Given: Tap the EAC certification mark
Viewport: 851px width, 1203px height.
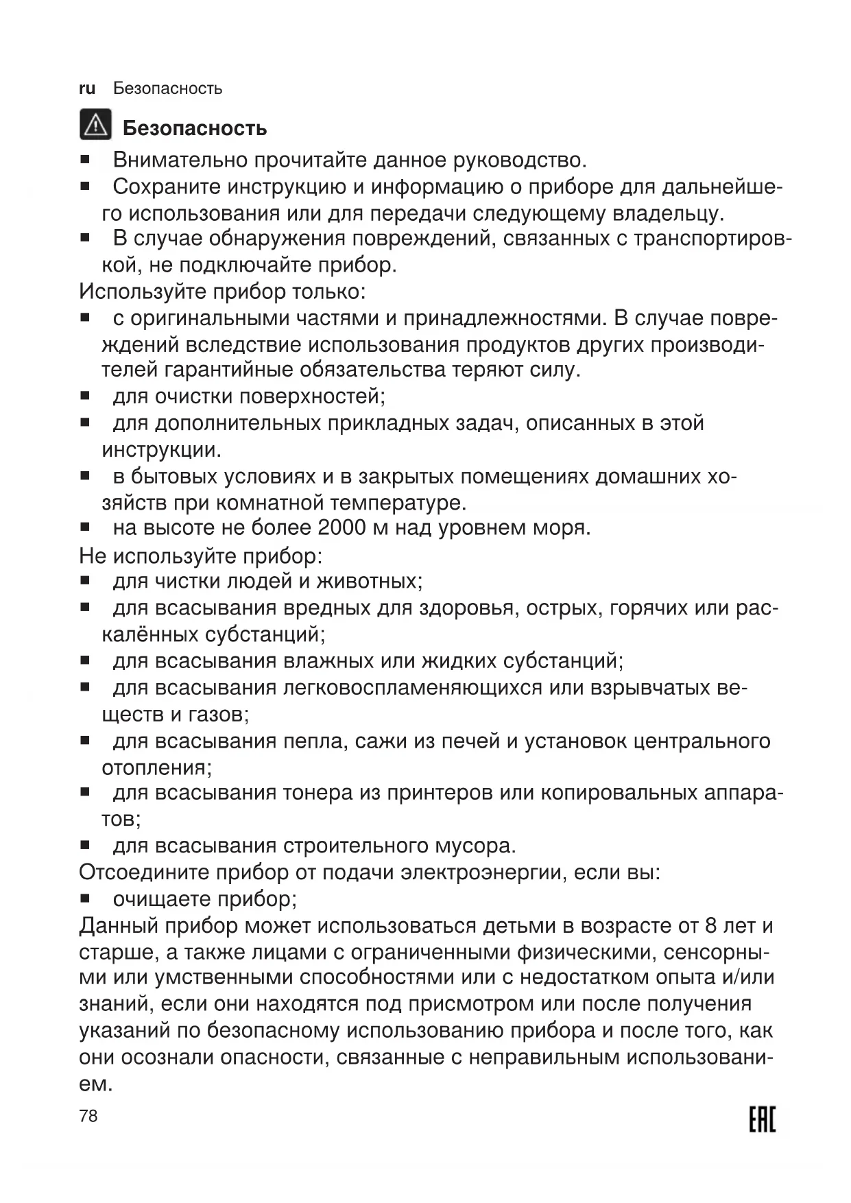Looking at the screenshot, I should (x=761, y=1120).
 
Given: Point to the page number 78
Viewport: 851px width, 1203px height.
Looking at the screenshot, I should (x=88, y=1117).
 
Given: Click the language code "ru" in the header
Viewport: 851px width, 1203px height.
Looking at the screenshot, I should (x=87, y=88).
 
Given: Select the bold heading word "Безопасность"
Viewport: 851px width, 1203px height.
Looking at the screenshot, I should (x=195, y=128).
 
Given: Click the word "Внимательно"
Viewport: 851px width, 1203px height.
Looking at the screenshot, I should (x=180, y=160).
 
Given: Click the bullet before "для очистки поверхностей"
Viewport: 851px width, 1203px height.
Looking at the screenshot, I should (x=86, y=396).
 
